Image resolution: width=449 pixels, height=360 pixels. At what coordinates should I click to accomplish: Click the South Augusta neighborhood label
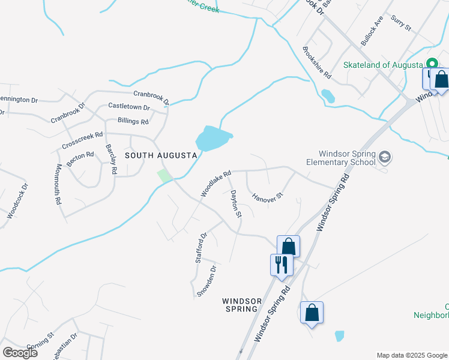coord(161,155)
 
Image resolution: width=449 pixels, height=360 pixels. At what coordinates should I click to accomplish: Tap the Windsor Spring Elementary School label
coord(340,158)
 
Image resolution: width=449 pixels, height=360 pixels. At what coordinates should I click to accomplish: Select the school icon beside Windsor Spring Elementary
coord(385,158)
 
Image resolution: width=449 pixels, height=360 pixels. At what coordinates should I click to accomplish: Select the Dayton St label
coord(236,204)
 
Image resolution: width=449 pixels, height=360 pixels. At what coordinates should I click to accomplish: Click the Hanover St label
coord(267,197)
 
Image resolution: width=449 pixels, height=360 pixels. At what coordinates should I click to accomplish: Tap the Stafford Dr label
coord(201,248)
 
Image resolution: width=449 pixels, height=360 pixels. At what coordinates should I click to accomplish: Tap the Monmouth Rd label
coord(59,184)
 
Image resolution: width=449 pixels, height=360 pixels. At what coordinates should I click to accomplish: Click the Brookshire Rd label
coord(317,63)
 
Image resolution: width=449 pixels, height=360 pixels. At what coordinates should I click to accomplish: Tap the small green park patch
coord(164,176)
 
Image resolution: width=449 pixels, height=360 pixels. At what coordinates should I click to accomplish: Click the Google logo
coord(20,353)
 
